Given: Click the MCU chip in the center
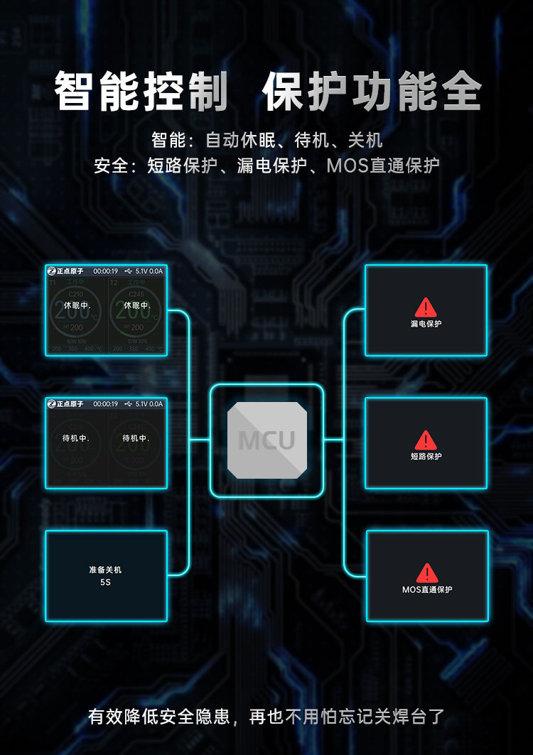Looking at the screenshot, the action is (x=266, y=440).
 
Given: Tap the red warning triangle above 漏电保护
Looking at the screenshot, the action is (x=426, y=307).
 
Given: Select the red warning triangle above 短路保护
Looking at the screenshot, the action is (x=426, y=440).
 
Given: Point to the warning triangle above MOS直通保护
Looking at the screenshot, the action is (x=427, y=572).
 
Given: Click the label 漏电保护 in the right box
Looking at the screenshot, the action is (x=426, y=324).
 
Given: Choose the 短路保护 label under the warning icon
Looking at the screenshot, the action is (x=426, y=457).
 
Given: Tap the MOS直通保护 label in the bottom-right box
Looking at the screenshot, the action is (x=427, y=590).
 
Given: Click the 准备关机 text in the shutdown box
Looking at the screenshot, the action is (x=106, y=570).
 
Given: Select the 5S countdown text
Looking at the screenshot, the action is (x=106, y=582).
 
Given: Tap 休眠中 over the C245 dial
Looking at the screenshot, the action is (x=136, y=305).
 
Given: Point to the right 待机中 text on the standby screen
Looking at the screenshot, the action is (x=136, y=438).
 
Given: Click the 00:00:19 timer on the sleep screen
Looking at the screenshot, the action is (x=105, y=271).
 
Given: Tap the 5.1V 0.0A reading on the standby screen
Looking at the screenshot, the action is (x=149, y=403).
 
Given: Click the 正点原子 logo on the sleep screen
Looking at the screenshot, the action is (x=65, y=271).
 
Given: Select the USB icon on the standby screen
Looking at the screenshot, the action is (x=127, y=403).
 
